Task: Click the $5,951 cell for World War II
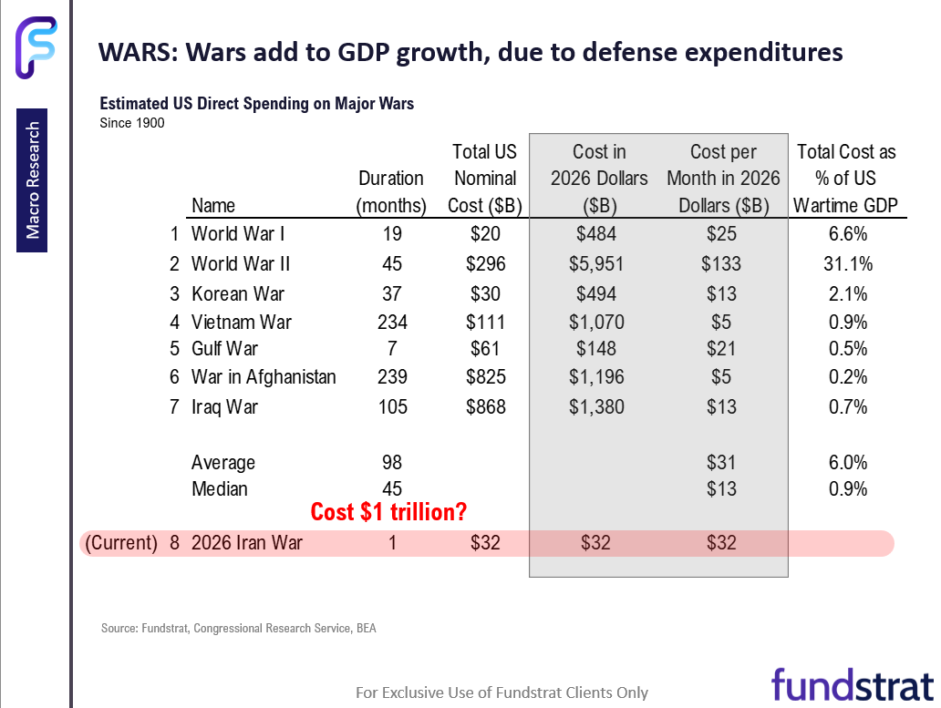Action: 599,264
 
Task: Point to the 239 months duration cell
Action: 391,377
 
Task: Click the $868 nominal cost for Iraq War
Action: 484,406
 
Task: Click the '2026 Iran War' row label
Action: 247,544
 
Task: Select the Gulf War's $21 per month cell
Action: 721,349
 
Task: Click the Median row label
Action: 219,489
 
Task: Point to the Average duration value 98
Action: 391,463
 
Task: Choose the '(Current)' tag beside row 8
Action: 121,544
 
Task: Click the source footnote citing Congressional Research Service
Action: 238,628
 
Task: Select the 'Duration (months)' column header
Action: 391,191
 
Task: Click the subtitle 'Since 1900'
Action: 132,123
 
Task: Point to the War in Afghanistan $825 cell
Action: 484,377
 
